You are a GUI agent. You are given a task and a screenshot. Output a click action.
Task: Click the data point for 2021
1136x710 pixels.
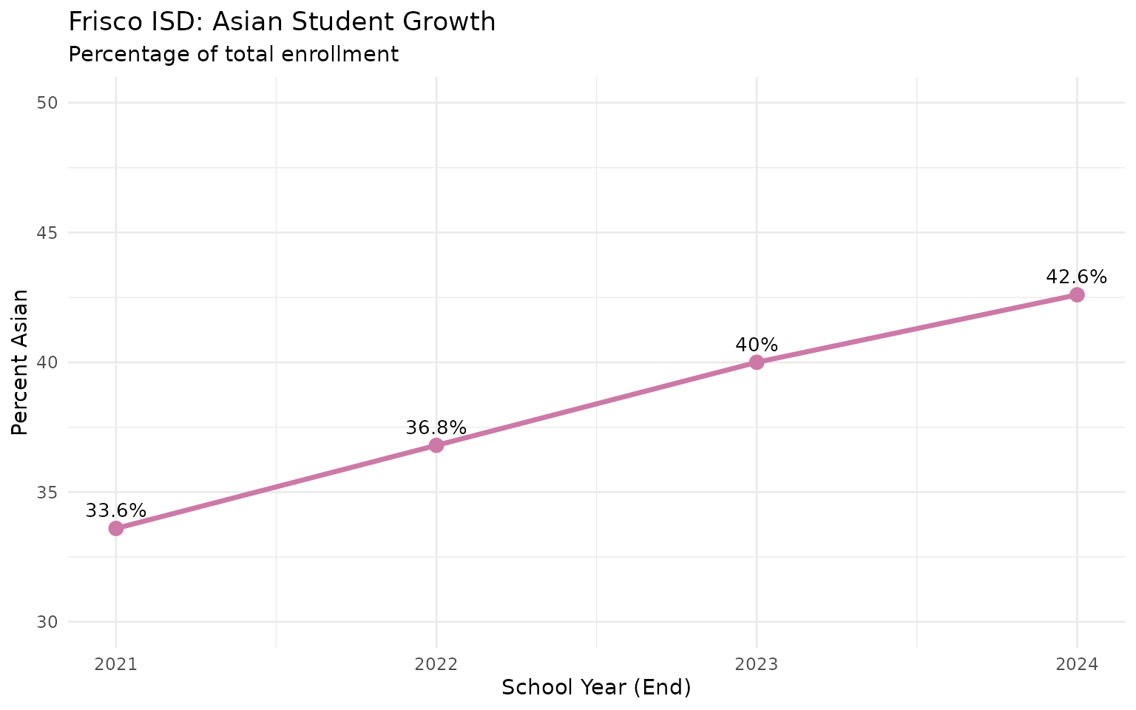point(116,528)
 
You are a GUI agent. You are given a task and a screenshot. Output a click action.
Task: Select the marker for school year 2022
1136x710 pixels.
point(436,445)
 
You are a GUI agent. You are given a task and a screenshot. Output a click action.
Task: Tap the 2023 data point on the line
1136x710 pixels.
point(757,362)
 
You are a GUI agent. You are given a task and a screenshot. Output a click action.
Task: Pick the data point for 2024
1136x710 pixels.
point(1077,295)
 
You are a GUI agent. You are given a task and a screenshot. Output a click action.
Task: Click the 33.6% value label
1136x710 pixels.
point(116,511)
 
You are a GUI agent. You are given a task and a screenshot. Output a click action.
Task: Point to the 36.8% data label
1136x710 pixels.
point(436,427)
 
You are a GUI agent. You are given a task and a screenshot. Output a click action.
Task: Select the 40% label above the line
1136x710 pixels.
point(757,345)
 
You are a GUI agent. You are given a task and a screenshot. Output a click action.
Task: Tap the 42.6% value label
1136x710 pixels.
point(1076,277)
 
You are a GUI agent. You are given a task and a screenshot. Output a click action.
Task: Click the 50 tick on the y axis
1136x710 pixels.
point(47,103)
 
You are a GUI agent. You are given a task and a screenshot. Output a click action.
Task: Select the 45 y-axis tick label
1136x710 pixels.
point(47,232)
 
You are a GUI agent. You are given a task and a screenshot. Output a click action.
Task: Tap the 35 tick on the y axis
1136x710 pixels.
point(47,492)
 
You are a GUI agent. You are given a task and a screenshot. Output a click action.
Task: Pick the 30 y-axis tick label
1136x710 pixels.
point(47,622)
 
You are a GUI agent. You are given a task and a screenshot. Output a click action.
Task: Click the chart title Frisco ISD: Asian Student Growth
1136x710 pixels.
point(282,22)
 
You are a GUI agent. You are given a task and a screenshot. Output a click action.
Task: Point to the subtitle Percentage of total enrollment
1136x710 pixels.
point(233,54)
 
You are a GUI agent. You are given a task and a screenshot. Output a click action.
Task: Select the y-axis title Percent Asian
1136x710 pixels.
point(21,362)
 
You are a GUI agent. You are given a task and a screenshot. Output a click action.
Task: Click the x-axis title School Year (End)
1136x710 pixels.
point(596,688)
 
